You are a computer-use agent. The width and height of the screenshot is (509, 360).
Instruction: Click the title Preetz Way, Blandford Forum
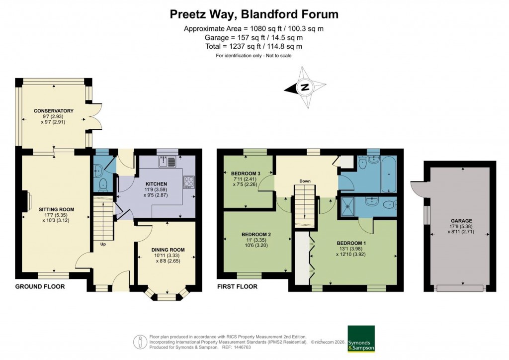tap(254, 14)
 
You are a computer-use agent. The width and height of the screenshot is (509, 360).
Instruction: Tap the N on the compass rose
tap(305, 88)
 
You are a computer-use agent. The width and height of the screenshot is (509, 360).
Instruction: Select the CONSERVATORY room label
tap(54, 110)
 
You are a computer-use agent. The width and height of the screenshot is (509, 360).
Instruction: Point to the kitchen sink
tap(167, 161)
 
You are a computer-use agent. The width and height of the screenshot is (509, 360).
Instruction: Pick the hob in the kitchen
tap(189, 181)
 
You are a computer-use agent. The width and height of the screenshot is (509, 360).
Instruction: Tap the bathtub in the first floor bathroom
tap(388, 174)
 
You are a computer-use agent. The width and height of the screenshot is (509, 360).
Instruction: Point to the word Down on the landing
tap(305, 181)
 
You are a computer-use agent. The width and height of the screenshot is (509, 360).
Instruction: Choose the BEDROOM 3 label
tap(246, 173)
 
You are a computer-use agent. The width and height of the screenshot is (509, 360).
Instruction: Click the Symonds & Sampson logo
tap(361, 339)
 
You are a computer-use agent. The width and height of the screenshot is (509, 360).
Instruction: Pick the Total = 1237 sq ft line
tap(254, 46)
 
